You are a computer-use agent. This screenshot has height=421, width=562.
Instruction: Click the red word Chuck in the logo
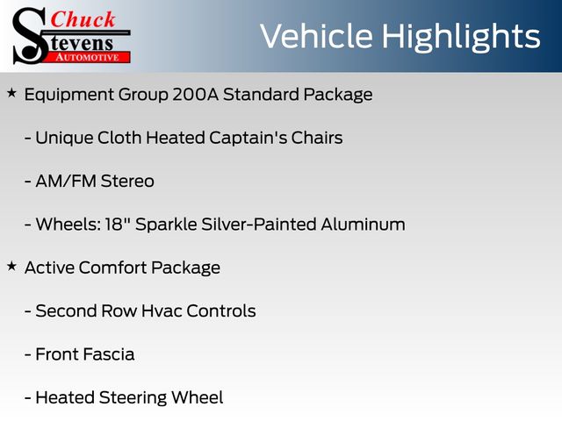tap(83, 19)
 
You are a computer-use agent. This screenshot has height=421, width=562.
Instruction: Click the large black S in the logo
tap(30, 36)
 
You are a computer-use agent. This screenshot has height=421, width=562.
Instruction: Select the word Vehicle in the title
tap(316, 36)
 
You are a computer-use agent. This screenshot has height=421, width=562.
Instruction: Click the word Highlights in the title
tap(460, 37)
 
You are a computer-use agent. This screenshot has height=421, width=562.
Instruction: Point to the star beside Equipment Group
tap(11, 94)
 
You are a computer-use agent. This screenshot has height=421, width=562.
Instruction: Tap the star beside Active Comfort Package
tap(11, 267)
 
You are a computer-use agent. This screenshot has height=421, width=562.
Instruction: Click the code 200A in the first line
tap(195, 95)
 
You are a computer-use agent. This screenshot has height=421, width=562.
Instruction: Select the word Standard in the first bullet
tap(261, 95)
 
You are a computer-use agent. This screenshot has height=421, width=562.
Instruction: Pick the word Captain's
tap(248, 139)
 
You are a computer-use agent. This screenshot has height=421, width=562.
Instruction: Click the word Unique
tap(64, 139)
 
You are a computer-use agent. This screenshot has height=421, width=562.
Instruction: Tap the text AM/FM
tap(66, 182)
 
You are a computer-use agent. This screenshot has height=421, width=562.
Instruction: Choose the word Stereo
tap(127, 182)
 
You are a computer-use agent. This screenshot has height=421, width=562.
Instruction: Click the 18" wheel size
tap(117, 225)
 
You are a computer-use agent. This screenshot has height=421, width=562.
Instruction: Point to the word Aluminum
tap(363, 225)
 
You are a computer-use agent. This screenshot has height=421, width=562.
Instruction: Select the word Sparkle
tap(166, 225)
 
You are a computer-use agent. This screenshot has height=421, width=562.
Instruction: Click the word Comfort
tap(112, 268)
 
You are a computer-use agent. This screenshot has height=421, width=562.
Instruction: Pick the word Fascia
tap(110, 354)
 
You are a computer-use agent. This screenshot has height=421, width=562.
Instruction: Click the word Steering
tap(133, 398)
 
